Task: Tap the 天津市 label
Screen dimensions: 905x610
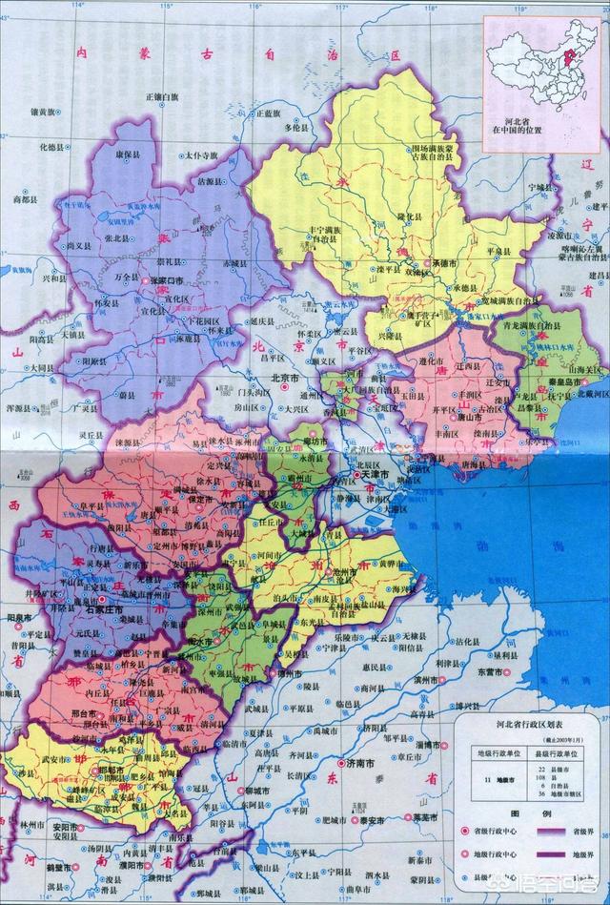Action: click(374, 474)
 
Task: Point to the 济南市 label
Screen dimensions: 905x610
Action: click(361, 763)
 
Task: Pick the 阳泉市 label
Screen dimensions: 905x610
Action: click(18, 618)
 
